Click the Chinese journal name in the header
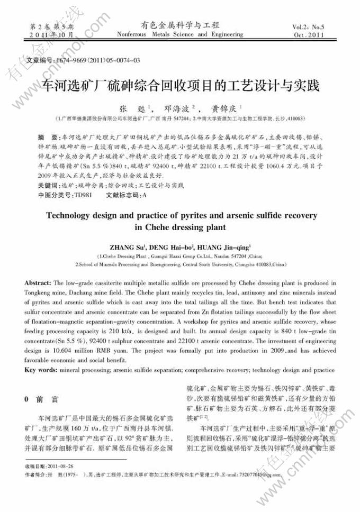pyautogui.click(x=179, y=25)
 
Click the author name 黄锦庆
pyautogui.click(x=225, y=108)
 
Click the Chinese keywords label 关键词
pyautogui.click(x=40, y=186)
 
